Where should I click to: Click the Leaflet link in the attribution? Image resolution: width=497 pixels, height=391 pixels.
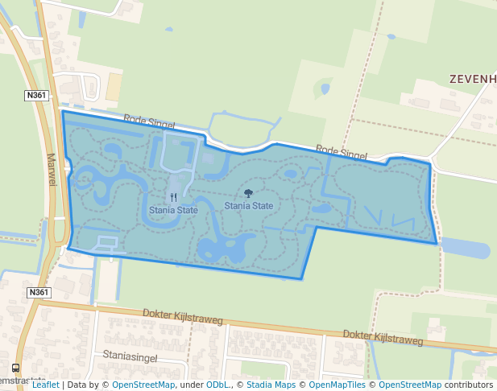pyautogui.click(x=45, y=385)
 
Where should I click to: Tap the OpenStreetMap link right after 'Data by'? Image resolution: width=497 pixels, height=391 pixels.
pyautogui.click(x=143, y=385)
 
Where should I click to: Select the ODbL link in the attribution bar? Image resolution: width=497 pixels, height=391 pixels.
pyautogui.click(x=217, y=385)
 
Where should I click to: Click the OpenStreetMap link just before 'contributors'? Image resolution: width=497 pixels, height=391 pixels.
pyautogui.click(x=410, y=385)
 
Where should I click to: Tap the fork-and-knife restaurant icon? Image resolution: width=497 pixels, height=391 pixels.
pyautogui.click(x=173, y=196)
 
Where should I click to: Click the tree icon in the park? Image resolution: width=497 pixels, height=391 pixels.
pyautogui.click(x=248, y=193)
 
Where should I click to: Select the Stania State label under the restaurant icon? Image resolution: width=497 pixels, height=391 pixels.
pyautogui.click(x=173, y=210)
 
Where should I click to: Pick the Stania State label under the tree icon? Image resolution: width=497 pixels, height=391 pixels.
pyautogui.click(x=248, y=206)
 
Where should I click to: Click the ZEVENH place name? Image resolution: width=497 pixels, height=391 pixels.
pyautogui.click(x=472, y=80)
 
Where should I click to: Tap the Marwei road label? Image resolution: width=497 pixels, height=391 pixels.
pyautogui.click(x=52, y=170)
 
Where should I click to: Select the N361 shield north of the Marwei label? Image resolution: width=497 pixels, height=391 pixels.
pyautogui.click(x=37, y=95)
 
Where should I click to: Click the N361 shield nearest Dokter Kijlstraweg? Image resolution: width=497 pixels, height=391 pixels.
pyautogui.click(x=37, y=292)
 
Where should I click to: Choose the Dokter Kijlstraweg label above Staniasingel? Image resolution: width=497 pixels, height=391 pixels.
pyautogui.click(x=183, y=317)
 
